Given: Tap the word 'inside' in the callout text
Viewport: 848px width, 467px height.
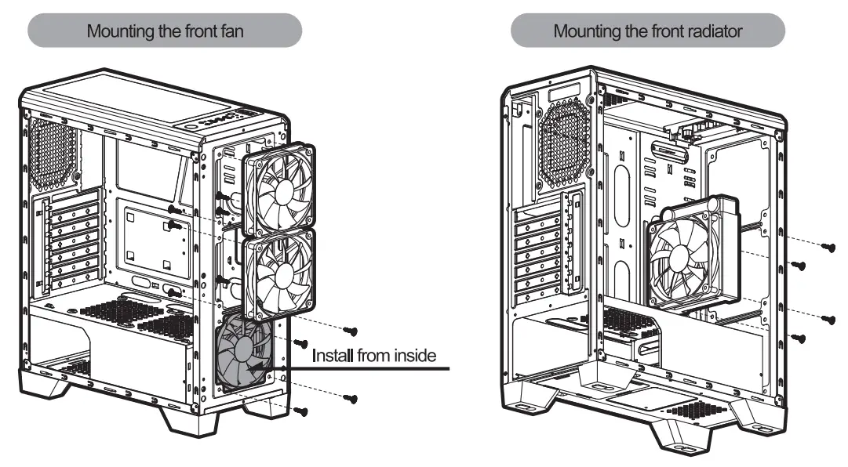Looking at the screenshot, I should tap(411, 356).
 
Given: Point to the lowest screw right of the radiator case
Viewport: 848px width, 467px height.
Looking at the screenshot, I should tap(800, 338).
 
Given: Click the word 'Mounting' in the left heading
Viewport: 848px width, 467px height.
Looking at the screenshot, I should tap(118, 32).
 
